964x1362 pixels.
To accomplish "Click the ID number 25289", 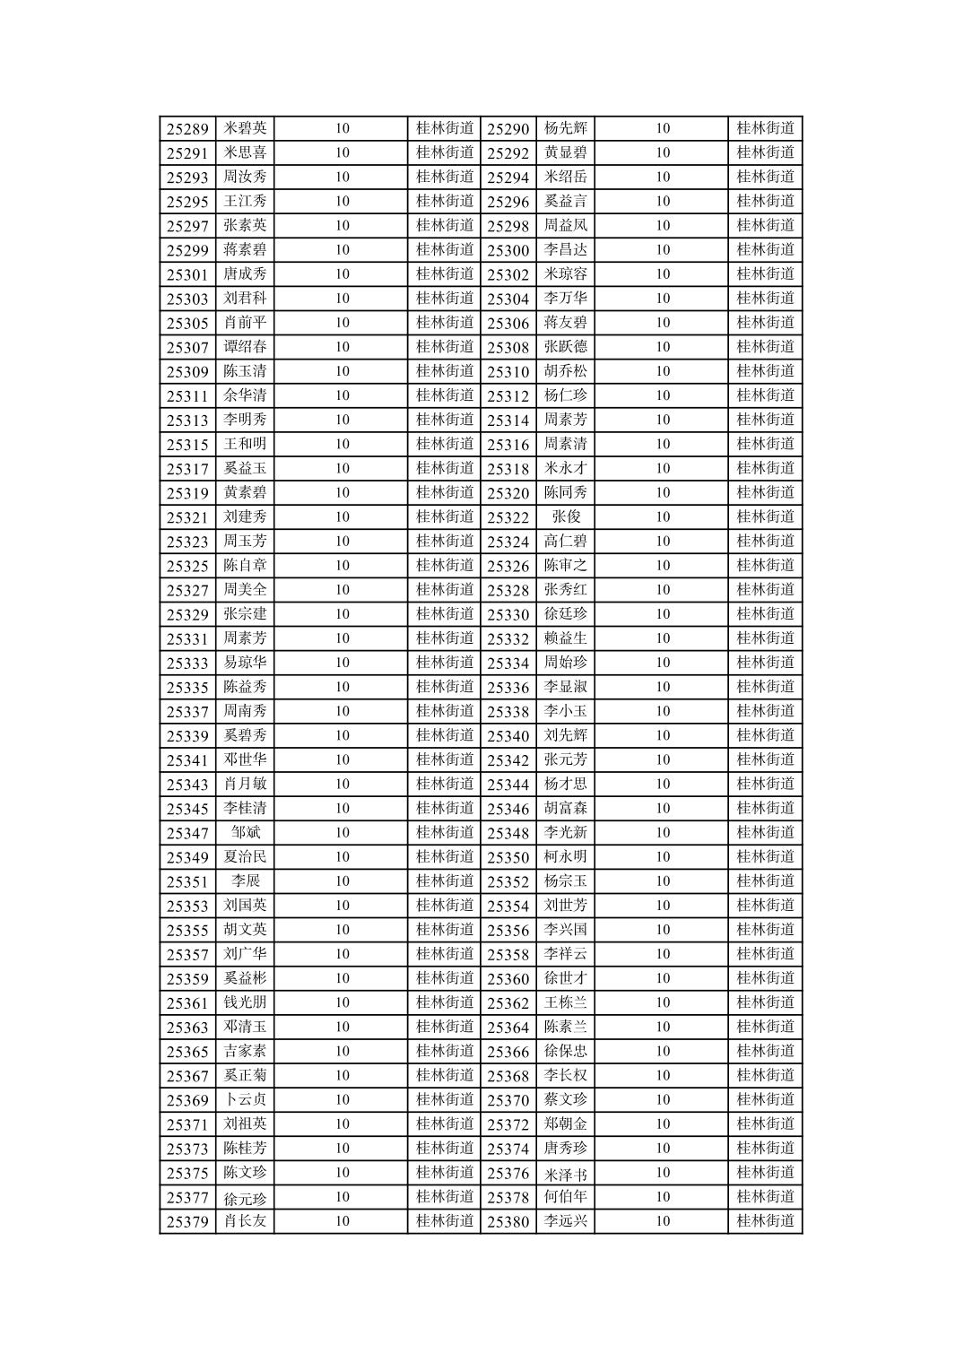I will (x=187, y=129).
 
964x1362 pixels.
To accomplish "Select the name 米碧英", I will (x=245, y=128).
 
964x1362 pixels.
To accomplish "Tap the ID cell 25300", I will (x=508, y=250).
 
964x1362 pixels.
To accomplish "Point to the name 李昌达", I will (x=565, y=249).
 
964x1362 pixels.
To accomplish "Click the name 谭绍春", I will (x=245, y=347).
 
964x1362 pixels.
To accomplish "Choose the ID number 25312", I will (x=508, y=395).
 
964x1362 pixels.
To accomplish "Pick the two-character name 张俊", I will (x=565, y=516).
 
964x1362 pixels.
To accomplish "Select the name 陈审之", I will (x=565, y=565).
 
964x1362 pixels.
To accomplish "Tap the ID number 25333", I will (x=187, y=663).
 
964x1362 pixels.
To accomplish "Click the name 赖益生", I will (x=565, y=638).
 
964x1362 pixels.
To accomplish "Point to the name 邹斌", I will (x=245, y=832).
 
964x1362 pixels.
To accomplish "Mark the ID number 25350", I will (x=508, y=857).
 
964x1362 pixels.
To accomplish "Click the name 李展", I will (x=245, y=881).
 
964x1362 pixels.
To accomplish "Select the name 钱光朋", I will (x=245, y=1002).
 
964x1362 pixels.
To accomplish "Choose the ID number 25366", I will (x=508, y=1052).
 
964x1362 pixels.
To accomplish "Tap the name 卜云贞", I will (x=245, y=1099).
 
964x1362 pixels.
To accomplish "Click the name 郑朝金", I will (x=565, y=1123).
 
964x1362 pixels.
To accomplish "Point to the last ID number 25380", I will (x=508, y=1221).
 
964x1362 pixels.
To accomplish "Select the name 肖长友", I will (x=245, y=1220).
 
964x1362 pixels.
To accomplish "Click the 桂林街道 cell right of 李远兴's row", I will (x=765, y=1220).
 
